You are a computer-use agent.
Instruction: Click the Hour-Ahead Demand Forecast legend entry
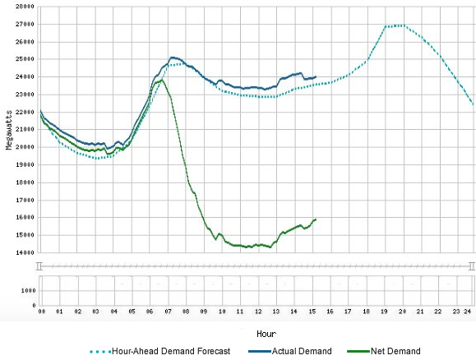point(171,351)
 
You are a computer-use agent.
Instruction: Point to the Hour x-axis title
point(266,335)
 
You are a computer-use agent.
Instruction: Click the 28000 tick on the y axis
point(24,6)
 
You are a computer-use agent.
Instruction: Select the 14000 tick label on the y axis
point(24,252)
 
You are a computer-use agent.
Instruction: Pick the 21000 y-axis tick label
point(24,129)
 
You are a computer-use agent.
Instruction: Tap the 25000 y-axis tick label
point(24,58)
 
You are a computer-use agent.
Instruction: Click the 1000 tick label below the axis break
point(27,290)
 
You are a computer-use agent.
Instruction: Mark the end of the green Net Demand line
point(316,219)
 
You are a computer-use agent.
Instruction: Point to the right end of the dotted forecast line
point(472,104)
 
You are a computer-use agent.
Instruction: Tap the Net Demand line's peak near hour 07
point(161,80)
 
